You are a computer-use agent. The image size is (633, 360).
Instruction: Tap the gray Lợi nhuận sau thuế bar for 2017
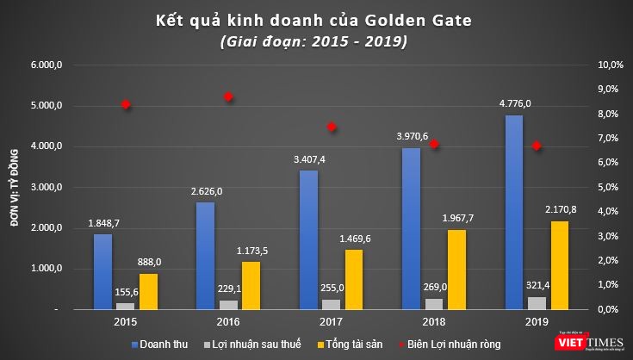click(332, 303)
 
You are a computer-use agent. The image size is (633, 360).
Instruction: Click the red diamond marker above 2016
click(228, 97)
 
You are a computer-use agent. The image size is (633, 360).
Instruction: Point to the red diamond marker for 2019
click(537, 146)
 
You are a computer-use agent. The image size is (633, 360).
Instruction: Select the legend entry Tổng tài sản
click(355, 343)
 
